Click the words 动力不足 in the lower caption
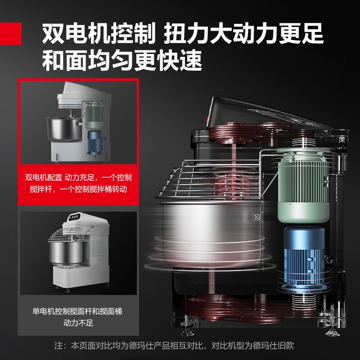pyautogui.click(x=78, y=323)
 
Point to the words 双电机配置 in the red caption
pyautogui.click(x=43, y=178)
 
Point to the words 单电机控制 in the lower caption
pyautogui.click(x=50, y=311)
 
